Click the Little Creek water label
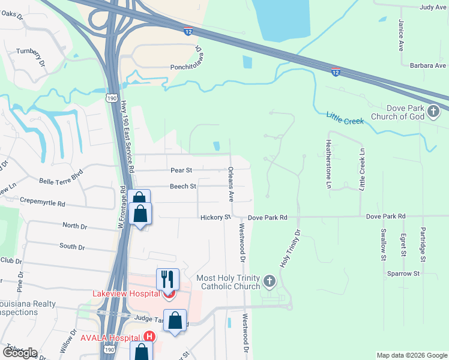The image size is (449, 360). click(x=345, y=118)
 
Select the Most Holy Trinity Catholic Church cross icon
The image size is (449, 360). click(x=270, y=281)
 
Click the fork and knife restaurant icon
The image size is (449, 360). click(x=168, y=279)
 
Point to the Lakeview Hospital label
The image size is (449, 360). click(x=126, y=293)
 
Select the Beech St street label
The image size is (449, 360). click(x=182, y=187)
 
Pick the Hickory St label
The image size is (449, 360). click(x=216, y=217)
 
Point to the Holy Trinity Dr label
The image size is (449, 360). click(x=289, y=248)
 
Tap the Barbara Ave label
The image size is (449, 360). click(x=428, y=65)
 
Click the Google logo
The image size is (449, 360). click(x=19, y=353)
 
